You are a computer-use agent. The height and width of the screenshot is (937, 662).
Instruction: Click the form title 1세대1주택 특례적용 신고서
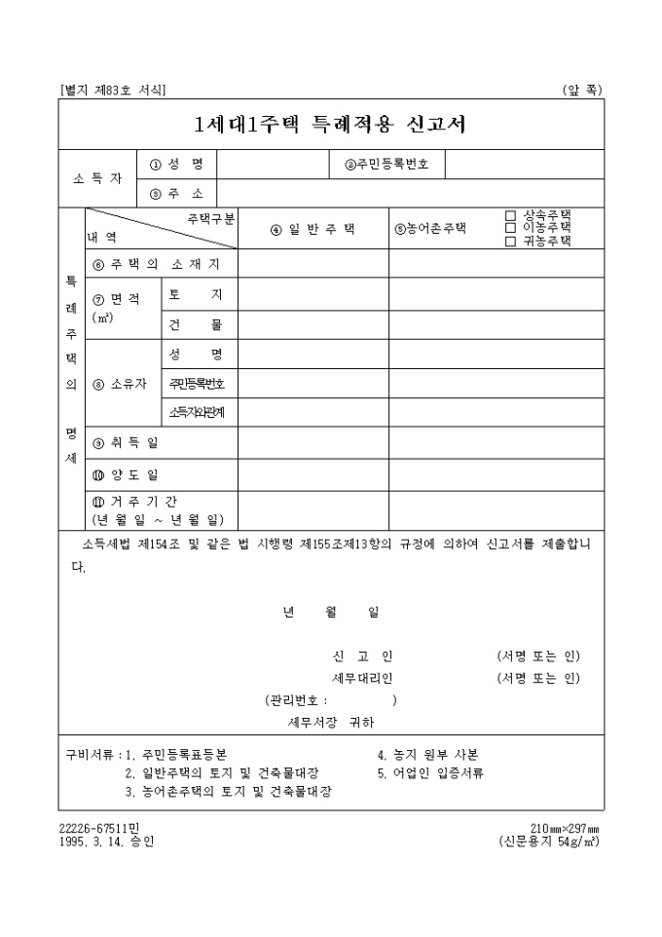[330, 125]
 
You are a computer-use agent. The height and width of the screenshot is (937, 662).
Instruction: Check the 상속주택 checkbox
[510, 215]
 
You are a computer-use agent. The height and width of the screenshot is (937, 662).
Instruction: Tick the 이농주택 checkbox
[510, 228]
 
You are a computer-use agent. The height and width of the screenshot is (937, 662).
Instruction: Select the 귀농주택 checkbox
[510, 241]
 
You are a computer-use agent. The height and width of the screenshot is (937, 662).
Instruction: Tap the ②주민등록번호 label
[386, 165]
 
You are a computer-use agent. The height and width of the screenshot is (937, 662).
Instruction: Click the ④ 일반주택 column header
[313, 230]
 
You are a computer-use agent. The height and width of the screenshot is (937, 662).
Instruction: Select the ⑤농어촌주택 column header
[430, 230]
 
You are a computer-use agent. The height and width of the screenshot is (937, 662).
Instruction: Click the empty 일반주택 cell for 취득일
[313, 443]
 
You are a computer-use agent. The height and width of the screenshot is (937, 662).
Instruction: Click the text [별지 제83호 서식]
[113, 91]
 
